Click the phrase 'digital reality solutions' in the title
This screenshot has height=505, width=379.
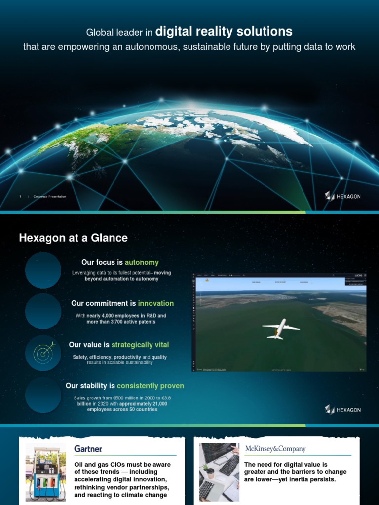point(224,32)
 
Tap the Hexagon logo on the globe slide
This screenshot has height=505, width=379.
point(342,196)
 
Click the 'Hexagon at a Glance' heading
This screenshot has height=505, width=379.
point(73,238)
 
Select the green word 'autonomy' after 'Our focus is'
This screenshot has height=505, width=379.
point(142,262)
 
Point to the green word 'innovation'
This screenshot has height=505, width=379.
point(156,303)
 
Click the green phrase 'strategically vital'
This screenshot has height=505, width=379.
point(140,345)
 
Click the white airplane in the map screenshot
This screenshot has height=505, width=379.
point(280,328)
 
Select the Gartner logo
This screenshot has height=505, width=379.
point(88,449)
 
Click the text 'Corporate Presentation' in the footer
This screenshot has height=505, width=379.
point(50,197)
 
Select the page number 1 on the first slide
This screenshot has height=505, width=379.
point(20,197)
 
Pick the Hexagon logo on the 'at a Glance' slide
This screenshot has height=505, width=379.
point(342,409)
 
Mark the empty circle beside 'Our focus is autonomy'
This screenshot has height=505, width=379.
point(43,270)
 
